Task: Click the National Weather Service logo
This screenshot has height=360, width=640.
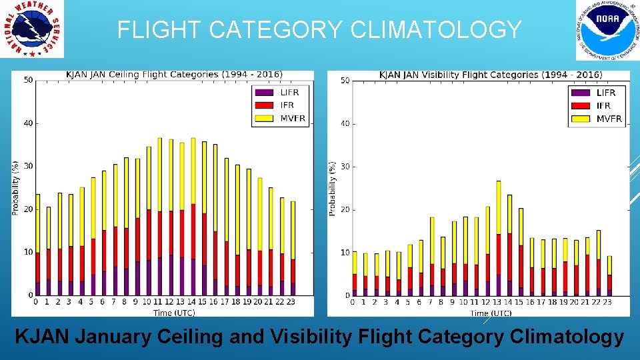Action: (32, 29)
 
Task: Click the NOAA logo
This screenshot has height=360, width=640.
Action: (603, 31)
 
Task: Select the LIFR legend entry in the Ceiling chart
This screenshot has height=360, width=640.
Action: (281, 92)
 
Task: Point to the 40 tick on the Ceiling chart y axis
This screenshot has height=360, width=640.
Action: (27, 123)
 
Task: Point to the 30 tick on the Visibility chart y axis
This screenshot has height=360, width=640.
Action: (345, 167)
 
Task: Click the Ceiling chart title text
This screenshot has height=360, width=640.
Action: (174, 74)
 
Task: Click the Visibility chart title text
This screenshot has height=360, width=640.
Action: (490, 75)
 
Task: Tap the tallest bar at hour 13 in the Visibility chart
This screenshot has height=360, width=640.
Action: (498, 237)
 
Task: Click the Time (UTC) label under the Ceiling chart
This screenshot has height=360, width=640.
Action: (174, 313)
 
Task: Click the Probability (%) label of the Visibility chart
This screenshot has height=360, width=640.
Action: (331, 187)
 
